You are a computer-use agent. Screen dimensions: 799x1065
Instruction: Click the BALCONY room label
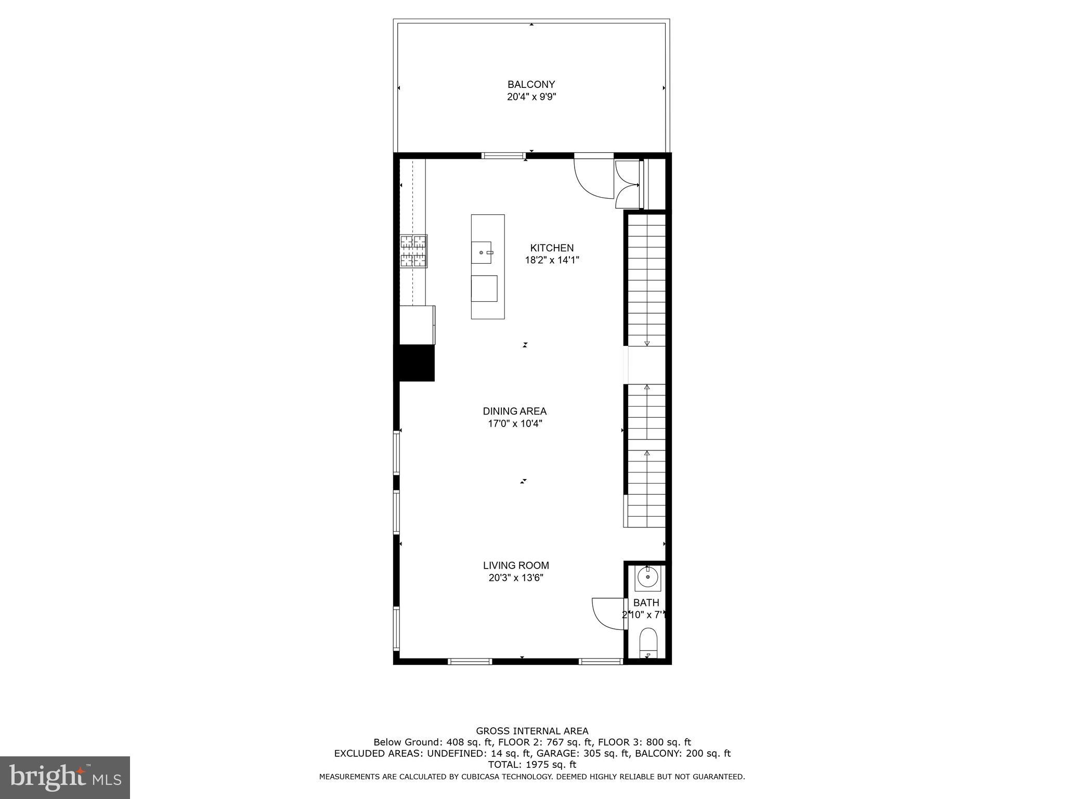coord(531,84)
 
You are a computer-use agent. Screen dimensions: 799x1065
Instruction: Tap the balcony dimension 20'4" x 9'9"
coord(531,97)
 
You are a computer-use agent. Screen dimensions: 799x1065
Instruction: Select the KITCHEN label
coord(552,248)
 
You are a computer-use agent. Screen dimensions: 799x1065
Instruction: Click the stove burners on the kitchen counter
coord(413,251)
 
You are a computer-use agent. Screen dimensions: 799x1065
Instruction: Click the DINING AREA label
coord(514,411)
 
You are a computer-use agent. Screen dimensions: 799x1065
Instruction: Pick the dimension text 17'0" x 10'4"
coord(514,424)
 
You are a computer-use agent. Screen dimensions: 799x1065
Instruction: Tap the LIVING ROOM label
coord(516,565)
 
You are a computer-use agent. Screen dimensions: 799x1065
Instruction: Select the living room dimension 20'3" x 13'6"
coord(516,578)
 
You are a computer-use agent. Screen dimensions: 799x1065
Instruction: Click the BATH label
coord(646,603)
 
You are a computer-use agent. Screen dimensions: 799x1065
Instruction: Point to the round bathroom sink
coord(647,577)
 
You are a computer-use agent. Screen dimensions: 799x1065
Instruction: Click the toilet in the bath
coord(648,644)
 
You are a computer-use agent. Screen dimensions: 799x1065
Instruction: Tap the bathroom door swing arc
coord(605,614)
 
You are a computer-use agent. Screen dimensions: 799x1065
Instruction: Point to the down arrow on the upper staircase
coord(647,342)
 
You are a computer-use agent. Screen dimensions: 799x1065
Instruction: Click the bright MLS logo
coord(65,777)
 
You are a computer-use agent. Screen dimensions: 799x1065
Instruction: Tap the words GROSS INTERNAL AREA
coord(532,731)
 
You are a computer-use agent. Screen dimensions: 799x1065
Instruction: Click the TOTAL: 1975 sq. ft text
coord(532,765)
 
